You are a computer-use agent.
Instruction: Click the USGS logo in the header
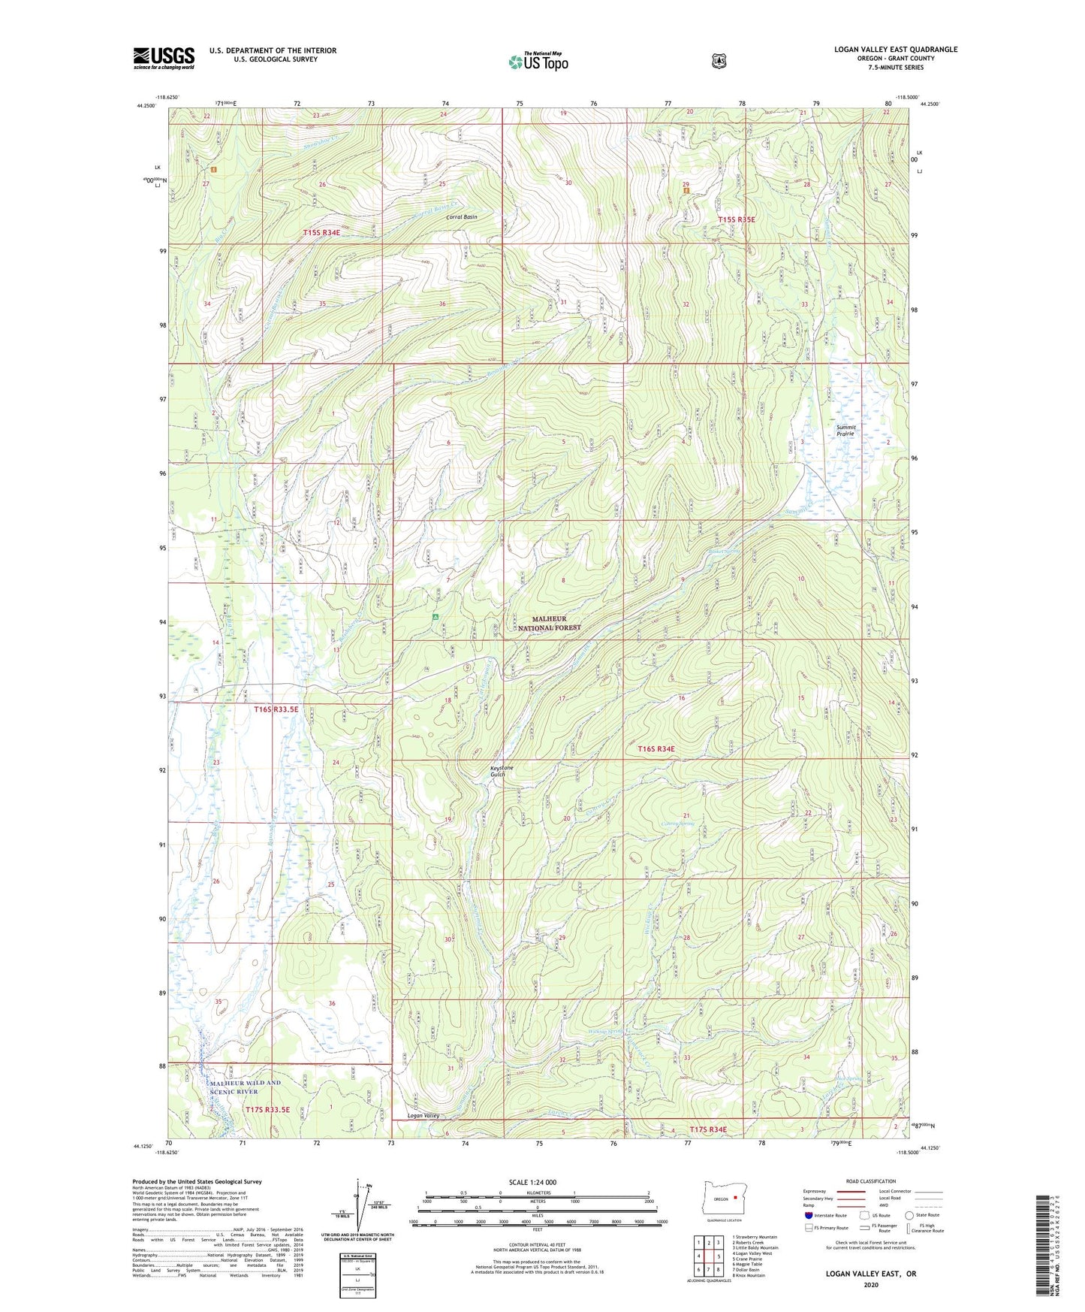(164, 58)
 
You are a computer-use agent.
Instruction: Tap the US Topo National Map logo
(538, 62)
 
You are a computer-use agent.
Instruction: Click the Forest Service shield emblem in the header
(719, 61)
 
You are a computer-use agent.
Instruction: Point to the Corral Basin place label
(462, 216)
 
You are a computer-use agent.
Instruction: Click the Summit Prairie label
(846, 431)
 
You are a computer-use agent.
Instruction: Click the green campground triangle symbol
(435, 617)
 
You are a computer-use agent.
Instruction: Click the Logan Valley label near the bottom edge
(423, 1115)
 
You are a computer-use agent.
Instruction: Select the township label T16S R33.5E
(276, 709)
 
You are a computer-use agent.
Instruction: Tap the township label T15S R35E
(736, 219)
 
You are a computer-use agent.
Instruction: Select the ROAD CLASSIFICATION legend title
(870, 1181)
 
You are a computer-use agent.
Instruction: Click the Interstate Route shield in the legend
(809, 1214)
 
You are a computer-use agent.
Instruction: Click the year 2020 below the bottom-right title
(871, 1284)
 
